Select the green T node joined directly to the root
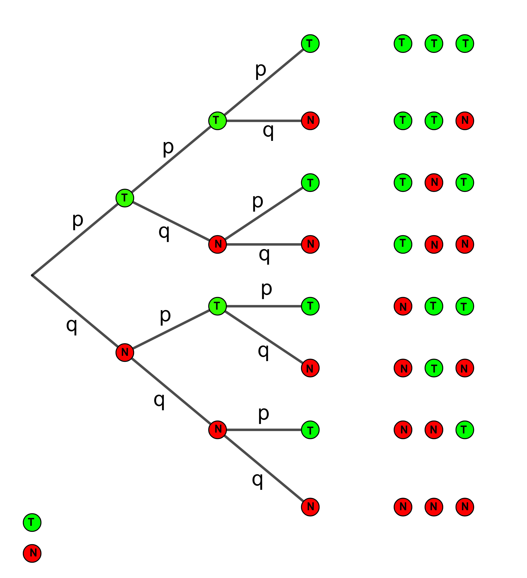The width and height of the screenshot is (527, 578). point(125,198)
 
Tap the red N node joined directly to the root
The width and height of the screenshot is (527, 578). point(125,352)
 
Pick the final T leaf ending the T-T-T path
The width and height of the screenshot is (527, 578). point(310,44)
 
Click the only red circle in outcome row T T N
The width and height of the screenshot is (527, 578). point(465,121)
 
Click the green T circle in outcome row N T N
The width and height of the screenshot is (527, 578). point(434,368)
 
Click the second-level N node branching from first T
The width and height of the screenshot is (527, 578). point(218,244)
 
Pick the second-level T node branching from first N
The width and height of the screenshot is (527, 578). point(218,306)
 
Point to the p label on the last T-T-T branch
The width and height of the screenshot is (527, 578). point(261,70)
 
